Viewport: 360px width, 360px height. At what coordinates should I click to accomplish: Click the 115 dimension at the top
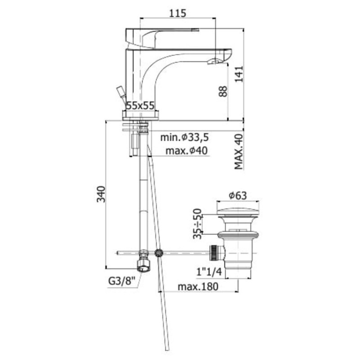177,13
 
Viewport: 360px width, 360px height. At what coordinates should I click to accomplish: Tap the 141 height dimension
238,74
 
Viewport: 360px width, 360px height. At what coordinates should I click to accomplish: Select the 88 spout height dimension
222,91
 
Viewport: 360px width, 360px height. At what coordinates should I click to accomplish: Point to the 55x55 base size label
140,106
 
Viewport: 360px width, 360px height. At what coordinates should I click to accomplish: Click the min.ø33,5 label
184,137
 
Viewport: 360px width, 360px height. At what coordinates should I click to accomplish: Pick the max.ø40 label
186,151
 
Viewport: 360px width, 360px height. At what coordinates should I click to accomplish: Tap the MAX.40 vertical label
238,152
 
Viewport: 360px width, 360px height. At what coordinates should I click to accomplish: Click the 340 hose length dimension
101,194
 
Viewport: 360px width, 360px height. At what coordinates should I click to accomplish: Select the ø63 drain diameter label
238,196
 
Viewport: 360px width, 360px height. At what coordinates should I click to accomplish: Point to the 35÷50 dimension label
197,224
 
